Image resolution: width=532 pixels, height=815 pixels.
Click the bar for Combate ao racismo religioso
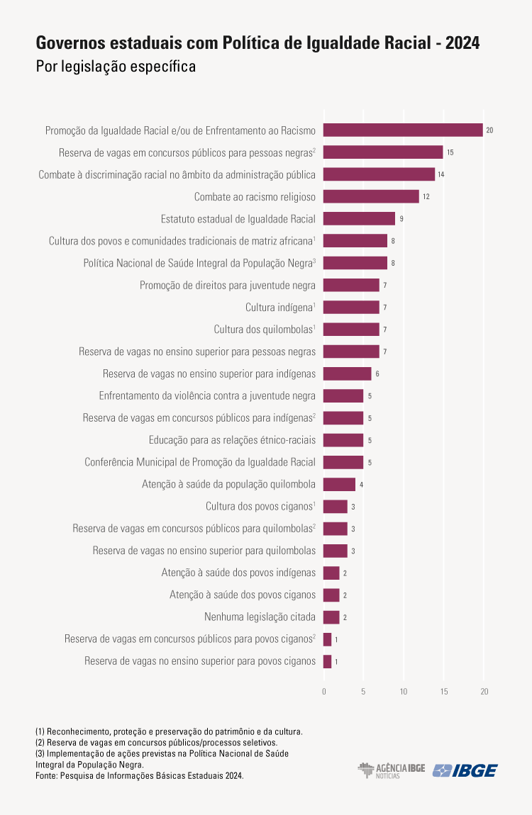371,196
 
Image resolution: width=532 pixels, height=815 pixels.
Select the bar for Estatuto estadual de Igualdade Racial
359,218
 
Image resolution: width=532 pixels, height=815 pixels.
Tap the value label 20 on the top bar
489,130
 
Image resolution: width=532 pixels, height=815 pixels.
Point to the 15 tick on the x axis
444,691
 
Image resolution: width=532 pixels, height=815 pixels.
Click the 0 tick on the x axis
324,691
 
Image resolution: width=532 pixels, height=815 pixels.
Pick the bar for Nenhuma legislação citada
331,617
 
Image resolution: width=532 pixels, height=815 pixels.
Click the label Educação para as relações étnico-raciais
232,440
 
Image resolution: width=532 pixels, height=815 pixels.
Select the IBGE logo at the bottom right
465,770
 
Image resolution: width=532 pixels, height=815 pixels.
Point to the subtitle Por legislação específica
116,67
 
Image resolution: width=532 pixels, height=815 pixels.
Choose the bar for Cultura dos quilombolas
351,330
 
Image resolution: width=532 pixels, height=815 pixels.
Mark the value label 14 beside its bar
440,174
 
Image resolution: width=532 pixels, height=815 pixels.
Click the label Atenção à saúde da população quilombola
228,485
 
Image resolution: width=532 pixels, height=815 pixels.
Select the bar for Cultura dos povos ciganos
336,507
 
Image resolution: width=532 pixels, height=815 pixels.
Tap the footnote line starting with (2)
146,742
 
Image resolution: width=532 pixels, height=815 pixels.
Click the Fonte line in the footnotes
139,776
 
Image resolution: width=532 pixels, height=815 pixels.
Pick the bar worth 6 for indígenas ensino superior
347,373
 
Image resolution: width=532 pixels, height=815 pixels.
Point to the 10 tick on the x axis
404,691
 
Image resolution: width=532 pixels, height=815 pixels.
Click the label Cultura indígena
279,308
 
